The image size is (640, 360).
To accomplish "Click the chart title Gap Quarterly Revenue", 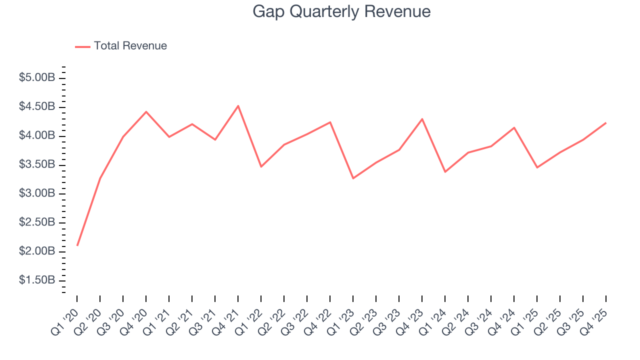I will pos(341,11).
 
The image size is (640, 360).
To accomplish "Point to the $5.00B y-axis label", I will pos(37,78).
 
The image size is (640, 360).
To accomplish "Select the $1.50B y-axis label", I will pos(37,280).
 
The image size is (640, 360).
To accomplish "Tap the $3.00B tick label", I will pos(37,193).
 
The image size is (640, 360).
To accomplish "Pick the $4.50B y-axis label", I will pos(37,107).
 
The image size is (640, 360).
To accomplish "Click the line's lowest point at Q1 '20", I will pos(77,245).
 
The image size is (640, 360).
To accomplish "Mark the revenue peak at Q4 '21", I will pos(238,105).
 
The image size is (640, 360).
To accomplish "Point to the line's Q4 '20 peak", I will pos(146,111).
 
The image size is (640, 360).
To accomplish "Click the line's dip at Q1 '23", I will pos(353,178).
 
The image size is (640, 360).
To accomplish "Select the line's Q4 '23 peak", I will pos(422,119).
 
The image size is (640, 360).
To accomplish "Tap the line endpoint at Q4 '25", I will pos(606,122).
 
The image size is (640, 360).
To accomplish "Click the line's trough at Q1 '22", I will pos(261,166).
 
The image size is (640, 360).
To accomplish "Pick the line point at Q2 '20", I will pos(100,178).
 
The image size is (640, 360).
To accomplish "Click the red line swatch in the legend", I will pos(82,46).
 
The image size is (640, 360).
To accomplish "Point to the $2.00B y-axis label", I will pos(37,251).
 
